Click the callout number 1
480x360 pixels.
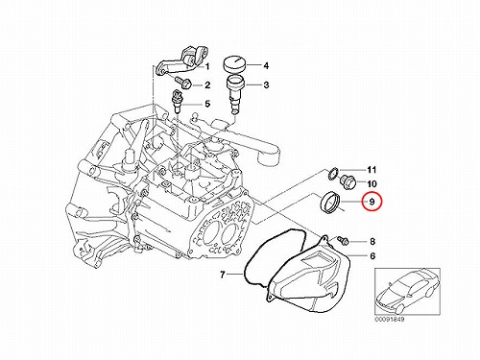pyautogui.click(x=207, y=66)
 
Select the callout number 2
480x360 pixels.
pyautogui.click(x=207, y=85)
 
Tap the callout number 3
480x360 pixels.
pyautogui.click(x=266, y=85)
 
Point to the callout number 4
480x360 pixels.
pyautogui.click(x=266, y=66)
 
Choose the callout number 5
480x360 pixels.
pyautogui.click(x=207, y=104)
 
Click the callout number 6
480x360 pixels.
pyautogui.click(x=372, y=256)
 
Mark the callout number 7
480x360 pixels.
pyautogui.click(x=223, y=275)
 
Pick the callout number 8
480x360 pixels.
pyautogui.click(x=372, y=241)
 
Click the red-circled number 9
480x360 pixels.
pyautogui.click(x=372, y=202)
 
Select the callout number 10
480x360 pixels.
pyautogui.click(x=372, y=184)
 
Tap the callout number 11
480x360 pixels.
pyautogui.click(x=372, y=170)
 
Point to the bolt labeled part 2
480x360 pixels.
pyautogui.click(x=184, y=83)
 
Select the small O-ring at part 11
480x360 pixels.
pyautogui.click(x=333, y=173)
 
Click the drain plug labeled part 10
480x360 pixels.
pyautogui.click(x=348, y=182)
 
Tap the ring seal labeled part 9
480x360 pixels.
pyautogui.click(x=329, y=203)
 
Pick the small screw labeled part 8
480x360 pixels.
pyautogui.click(x=344, y=240)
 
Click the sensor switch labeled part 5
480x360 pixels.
pyautogui.click(x=178, y=101)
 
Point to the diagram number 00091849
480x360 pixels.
pyautogui.click(x=390, y=320)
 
